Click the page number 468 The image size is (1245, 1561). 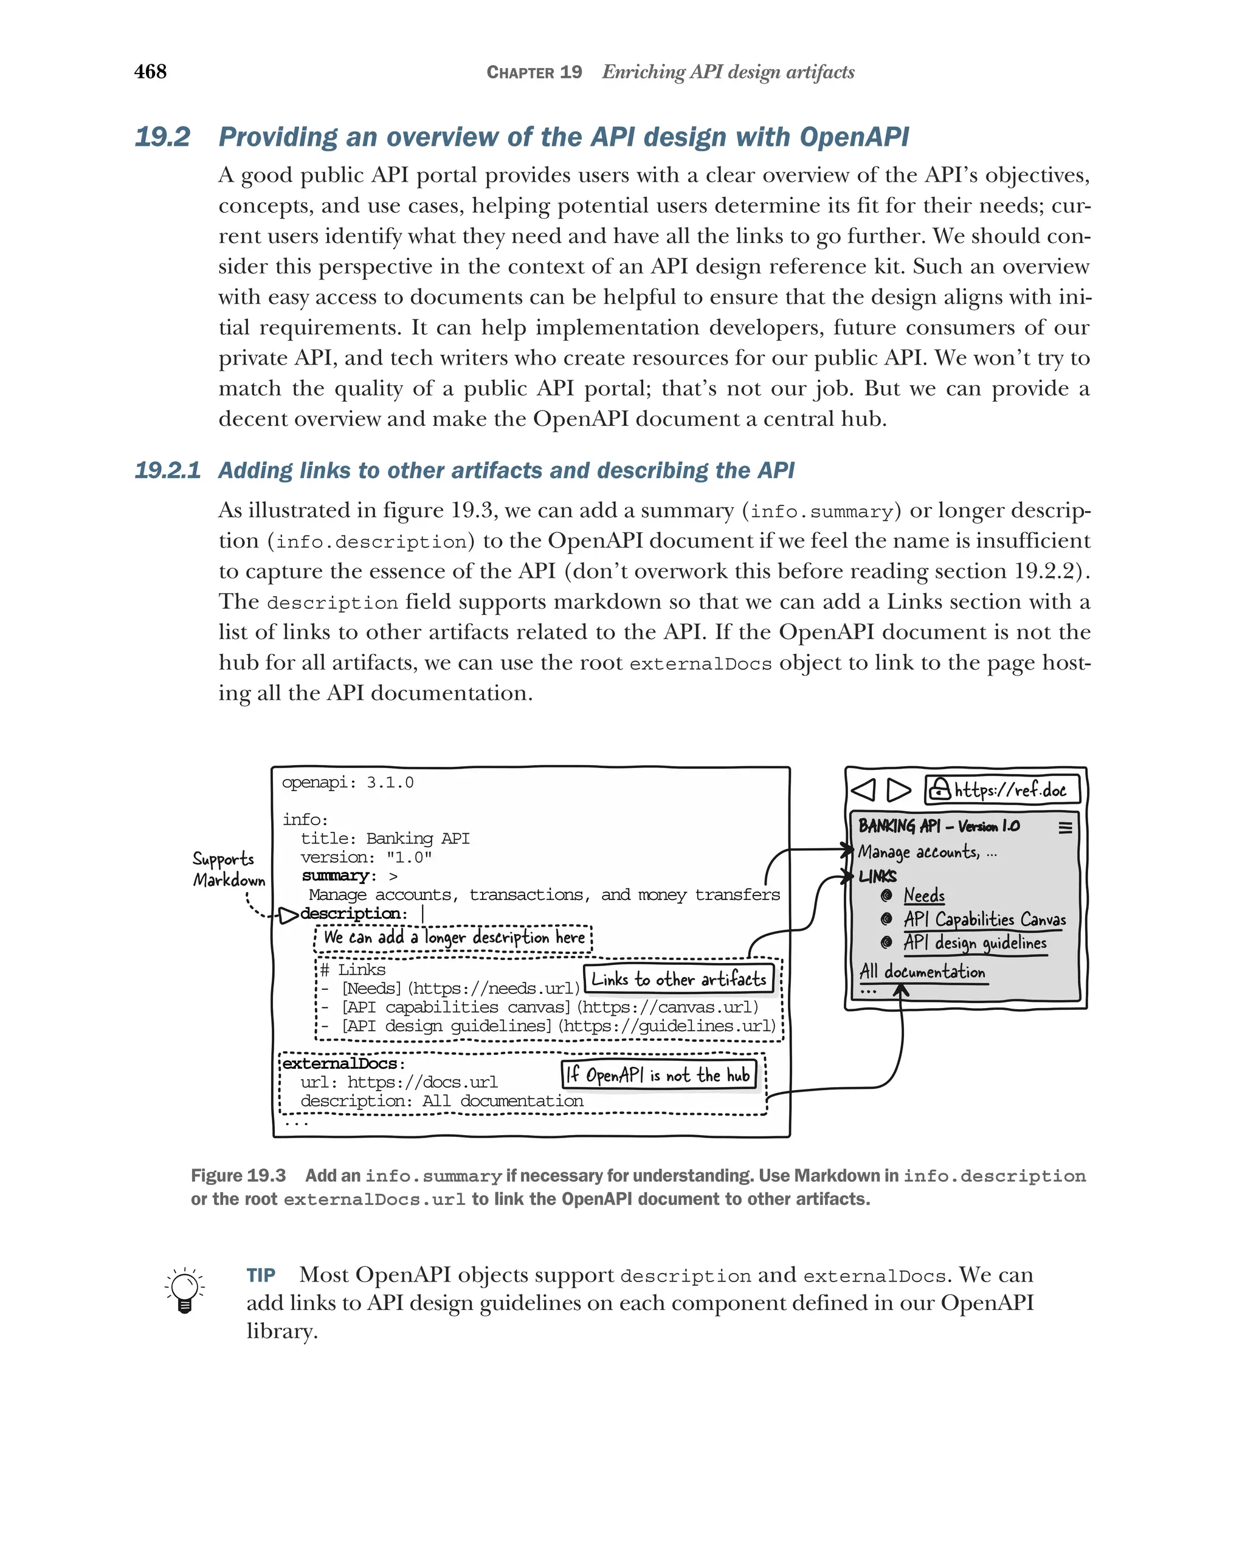click(150, 72)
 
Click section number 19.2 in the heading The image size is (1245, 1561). click(162, 137)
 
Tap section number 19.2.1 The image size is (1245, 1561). click(167, 471)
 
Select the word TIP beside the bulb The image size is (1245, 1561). click(261, 1275)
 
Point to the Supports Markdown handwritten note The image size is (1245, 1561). click(228, 870)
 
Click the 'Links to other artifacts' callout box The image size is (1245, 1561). click(678, 979)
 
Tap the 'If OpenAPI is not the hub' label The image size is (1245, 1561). click(659, 1075)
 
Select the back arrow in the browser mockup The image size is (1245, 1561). click(863, 789)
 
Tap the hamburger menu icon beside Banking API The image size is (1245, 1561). click(1064, 827)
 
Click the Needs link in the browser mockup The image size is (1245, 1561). click(923, 896)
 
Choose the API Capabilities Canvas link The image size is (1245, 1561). click(984, 919)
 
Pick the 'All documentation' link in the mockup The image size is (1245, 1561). click(922, 972)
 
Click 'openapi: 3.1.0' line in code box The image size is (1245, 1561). click(348, 783)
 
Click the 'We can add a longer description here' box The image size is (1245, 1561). click(454, 938)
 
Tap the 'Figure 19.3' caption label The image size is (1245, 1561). click(238, 1176)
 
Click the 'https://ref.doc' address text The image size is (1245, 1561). click(1010, 790)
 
